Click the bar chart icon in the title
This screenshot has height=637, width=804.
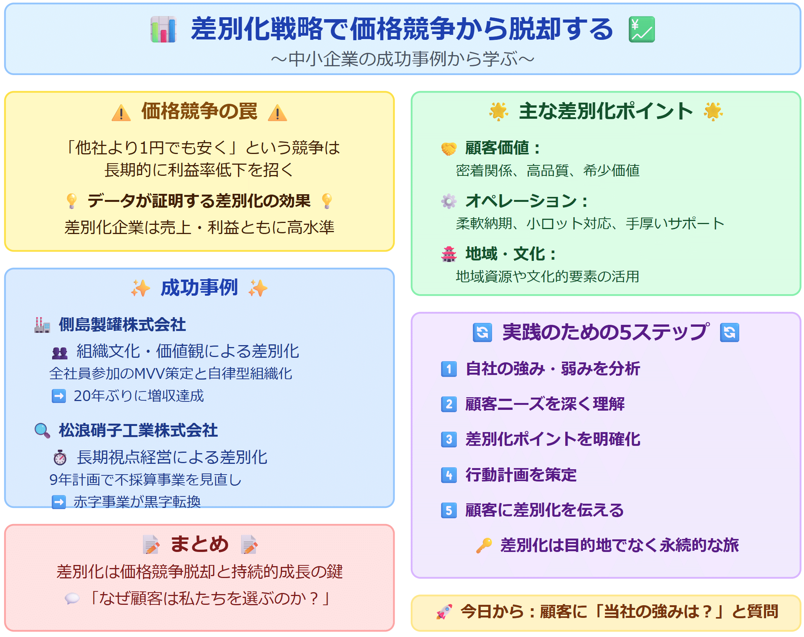(164, 29)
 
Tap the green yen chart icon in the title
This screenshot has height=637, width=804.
(642, 29)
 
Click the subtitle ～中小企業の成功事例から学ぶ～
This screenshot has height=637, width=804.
(402, 59)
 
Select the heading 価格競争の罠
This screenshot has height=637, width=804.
(199, 111)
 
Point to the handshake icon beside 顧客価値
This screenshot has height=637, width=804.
(449, 149)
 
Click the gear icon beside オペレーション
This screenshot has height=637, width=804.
(449, 201)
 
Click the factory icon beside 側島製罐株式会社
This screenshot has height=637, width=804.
(42, 325)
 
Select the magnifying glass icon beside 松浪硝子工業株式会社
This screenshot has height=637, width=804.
(42, 431)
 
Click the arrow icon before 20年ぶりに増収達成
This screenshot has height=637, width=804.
(59, 396)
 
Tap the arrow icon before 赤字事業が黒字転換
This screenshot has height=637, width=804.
(59, 502)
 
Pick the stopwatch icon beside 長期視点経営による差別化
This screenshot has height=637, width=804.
(60, 457)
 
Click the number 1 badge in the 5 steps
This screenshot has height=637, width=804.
(449, 369)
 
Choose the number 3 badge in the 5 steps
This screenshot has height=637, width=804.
(449, 439)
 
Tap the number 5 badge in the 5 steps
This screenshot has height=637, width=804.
(449, 510)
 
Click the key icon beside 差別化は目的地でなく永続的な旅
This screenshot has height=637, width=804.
(484, 545)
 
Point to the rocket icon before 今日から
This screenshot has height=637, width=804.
(444, 612)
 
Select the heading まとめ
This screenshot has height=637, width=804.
(199, 544)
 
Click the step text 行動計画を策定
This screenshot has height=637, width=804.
(521, 475)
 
